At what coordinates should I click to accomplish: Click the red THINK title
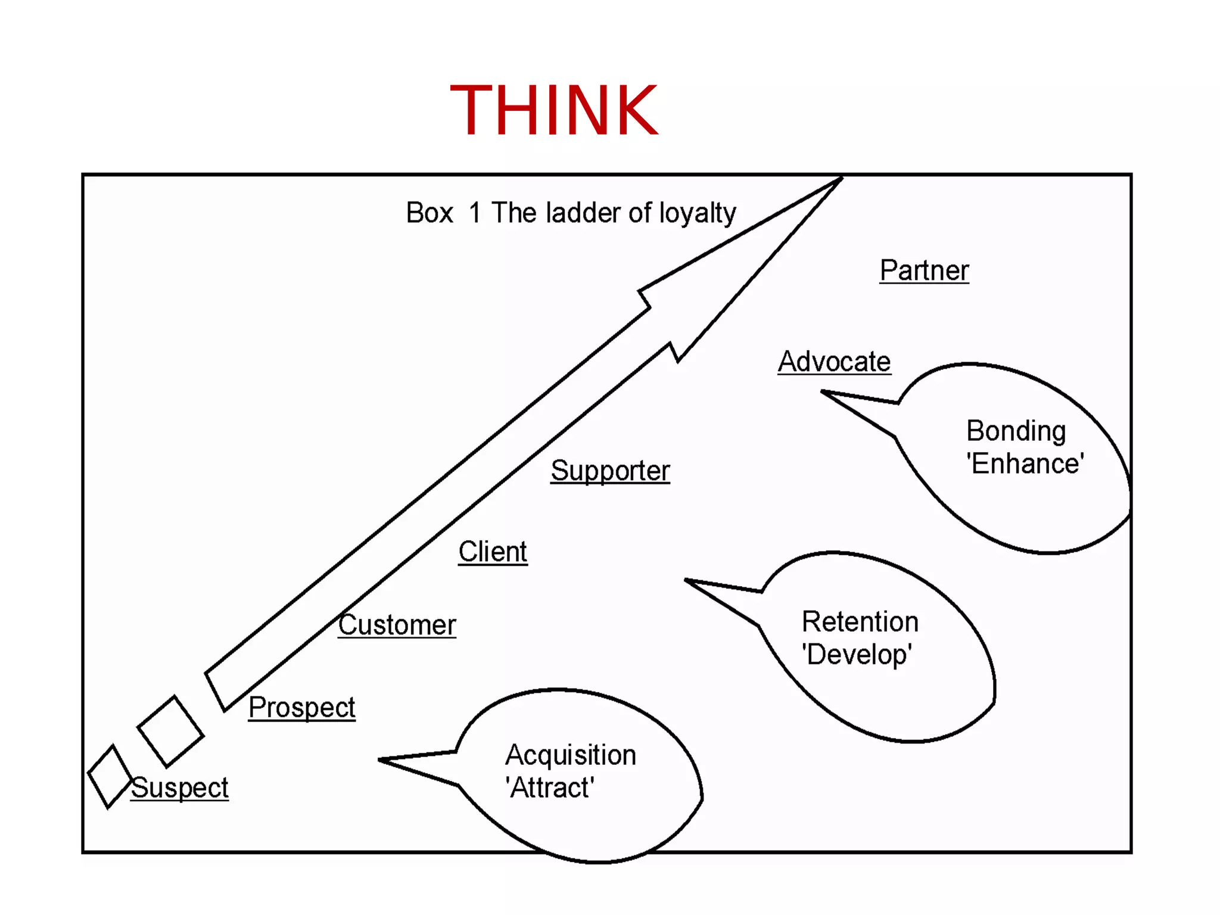(x=554, y=110)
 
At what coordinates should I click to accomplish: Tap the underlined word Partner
(x=924, y=270)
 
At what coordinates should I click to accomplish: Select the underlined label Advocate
(x=834, y=362)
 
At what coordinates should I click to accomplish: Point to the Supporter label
(x=610, y=471)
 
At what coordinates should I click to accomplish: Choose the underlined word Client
(x=493, y=552)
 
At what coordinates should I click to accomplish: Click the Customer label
(x=397, y=625)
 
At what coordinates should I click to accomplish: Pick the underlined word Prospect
(x=301, y=708)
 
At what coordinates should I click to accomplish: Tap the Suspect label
(x=179, y=788)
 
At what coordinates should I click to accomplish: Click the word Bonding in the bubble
(x=1016, y=431)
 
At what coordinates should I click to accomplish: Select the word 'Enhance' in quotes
(x=1025, y=464)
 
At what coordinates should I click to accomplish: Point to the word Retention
(x=860, y=622)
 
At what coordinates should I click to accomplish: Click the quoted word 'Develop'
(x=857, y=655)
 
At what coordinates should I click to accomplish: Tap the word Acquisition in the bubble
(x=571, y=755)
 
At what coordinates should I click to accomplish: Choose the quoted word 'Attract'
(x=549, y=788)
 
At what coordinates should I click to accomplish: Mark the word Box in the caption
(x=430, y=213)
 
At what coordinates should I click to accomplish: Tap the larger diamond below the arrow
(x=170, y=731)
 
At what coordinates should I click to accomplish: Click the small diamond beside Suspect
(x=110, y=776)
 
